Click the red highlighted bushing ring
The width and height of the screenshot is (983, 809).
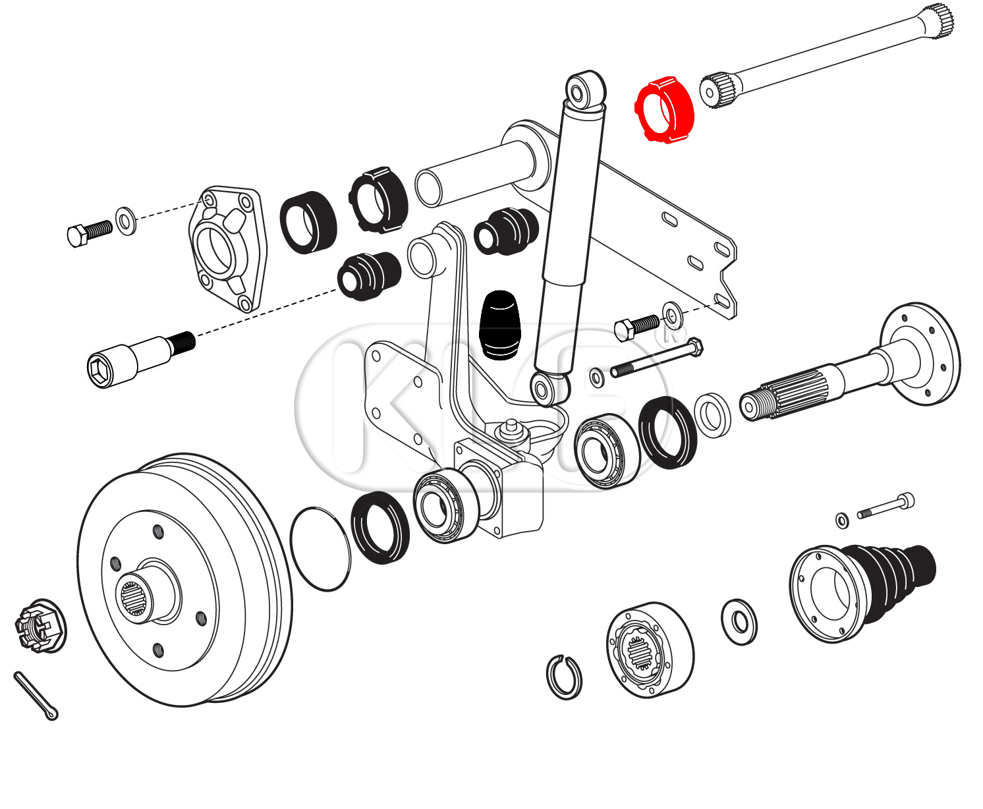tap(664, 111)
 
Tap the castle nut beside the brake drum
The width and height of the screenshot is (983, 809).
tap(39, 625)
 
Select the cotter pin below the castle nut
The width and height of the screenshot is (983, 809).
tap(36, 696)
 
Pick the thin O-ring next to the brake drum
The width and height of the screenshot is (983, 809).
tap(320, 549)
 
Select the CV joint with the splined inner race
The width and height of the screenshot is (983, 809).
tap(648, 649)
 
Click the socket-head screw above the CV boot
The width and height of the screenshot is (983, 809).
tap(887, 507)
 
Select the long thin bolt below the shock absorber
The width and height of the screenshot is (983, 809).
tap(656, 360)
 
